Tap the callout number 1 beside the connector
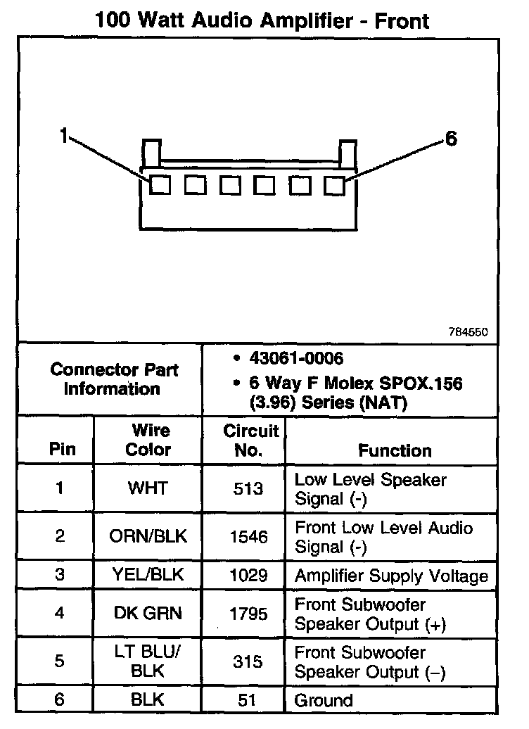click(x=64, y=136)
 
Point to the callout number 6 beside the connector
click(x=451, y=139)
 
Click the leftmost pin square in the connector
click(x=161, y=185)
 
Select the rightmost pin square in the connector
click(x=335, y=185)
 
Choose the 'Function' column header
click(x=395, y=450)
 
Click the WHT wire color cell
click(x=148, y=488)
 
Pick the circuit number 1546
click(x=248, y=537)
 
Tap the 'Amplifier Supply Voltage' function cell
click(x=391, y=576)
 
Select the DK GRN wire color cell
click(x=148, y=614)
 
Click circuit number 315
click(x=248, y=661)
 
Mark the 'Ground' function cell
click(x=324, y=700)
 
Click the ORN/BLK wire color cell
click(x=148, y=537)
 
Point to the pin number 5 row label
click(x=60, y=661)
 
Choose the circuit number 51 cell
click(x=248, y=700)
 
